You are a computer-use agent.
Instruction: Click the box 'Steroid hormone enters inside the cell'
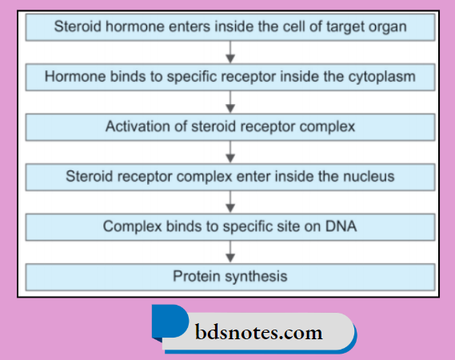click(x=230, y=27)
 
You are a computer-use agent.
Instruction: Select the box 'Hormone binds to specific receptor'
click(x=230, y=77)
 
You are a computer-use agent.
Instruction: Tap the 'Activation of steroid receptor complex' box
click(x=230, y=126)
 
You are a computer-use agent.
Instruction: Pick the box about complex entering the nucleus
click(x=230, y=176)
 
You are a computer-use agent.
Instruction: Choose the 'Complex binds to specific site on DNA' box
click(x=230, y=226)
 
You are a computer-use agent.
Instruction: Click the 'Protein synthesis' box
click(x=230, y=276)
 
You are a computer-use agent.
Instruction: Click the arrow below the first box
click(x=230, y=52)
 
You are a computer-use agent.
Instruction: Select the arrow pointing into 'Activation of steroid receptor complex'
click(x=230, y=102)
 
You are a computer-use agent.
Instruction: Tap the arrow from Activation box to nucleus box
click(x=230, y=151)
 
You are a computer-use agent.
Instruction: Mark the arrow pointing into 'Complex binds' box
click(x=230, y=202)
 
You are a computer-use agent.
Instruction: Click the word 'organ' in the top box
click(x=387, y=27)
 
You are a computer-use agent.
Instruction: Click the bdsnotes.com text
click(x=258, y=331)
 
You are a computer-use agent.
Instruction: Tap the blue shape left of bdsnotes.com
click(x=167, y=323)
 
